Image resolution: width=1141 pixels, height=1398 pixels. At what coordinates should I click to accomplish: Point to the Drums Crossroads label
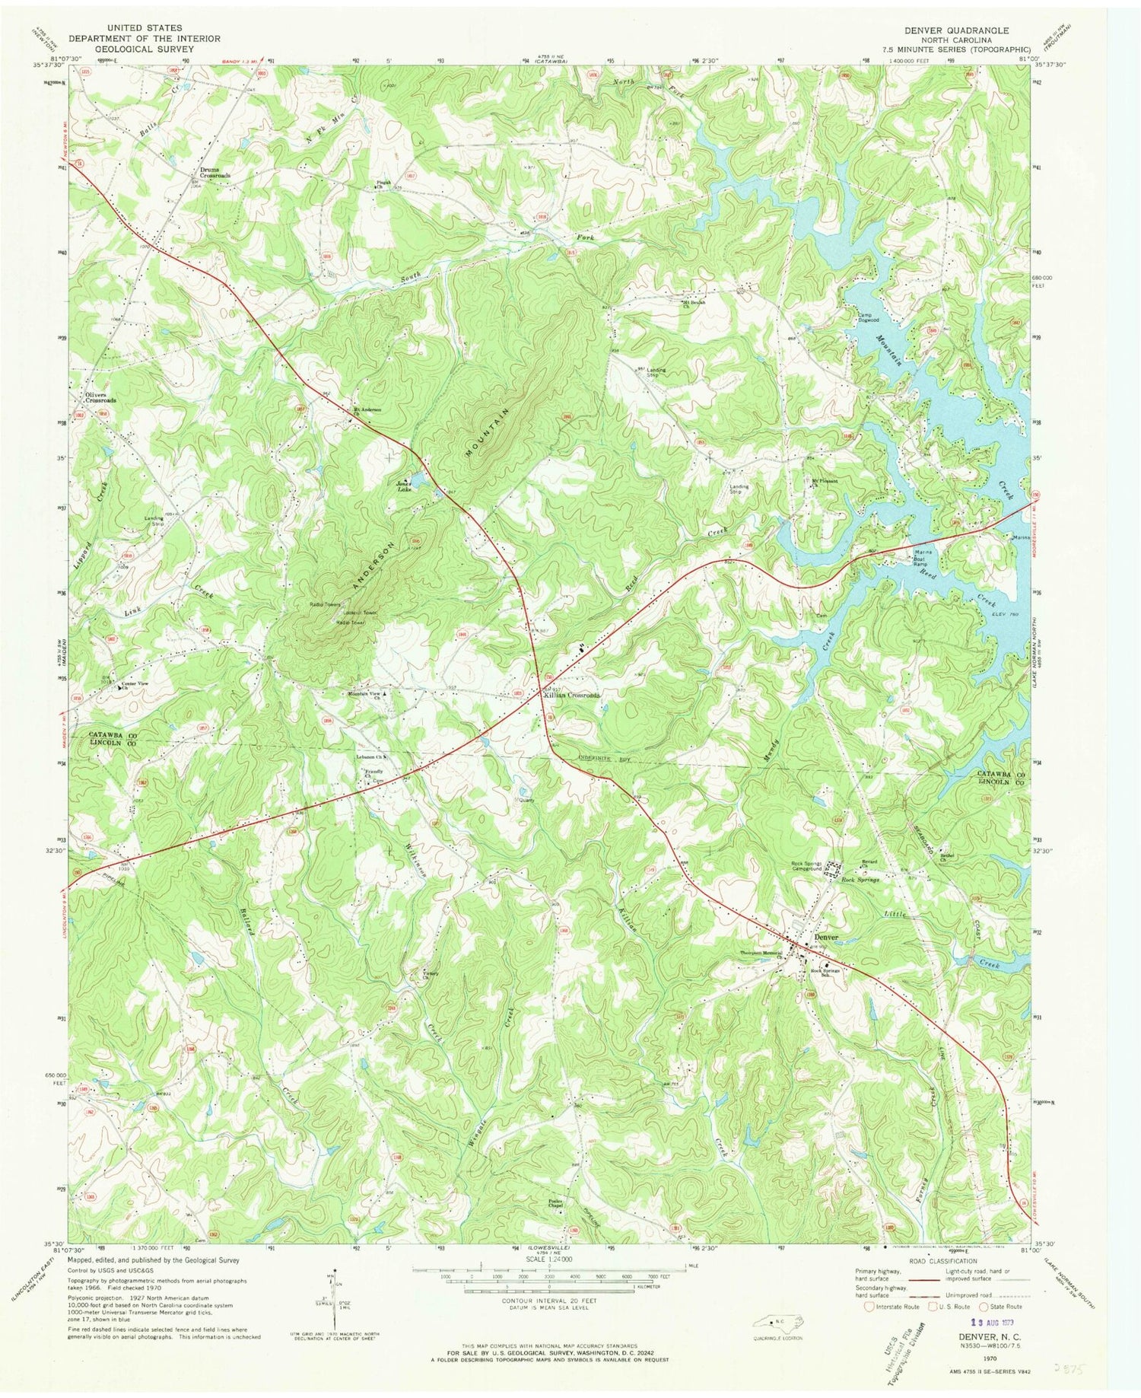(215, 172)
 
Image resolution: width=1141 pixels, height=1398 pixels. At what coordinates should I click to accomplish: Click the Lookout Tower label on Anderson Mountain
(360, 613)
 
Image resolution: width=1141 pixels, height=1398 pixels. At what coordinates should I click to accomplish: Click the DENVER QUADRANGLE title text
(956, 30)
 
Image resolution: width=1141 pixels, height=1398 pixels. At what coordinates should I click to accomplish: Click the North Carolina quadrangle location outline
(770, 1320)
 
